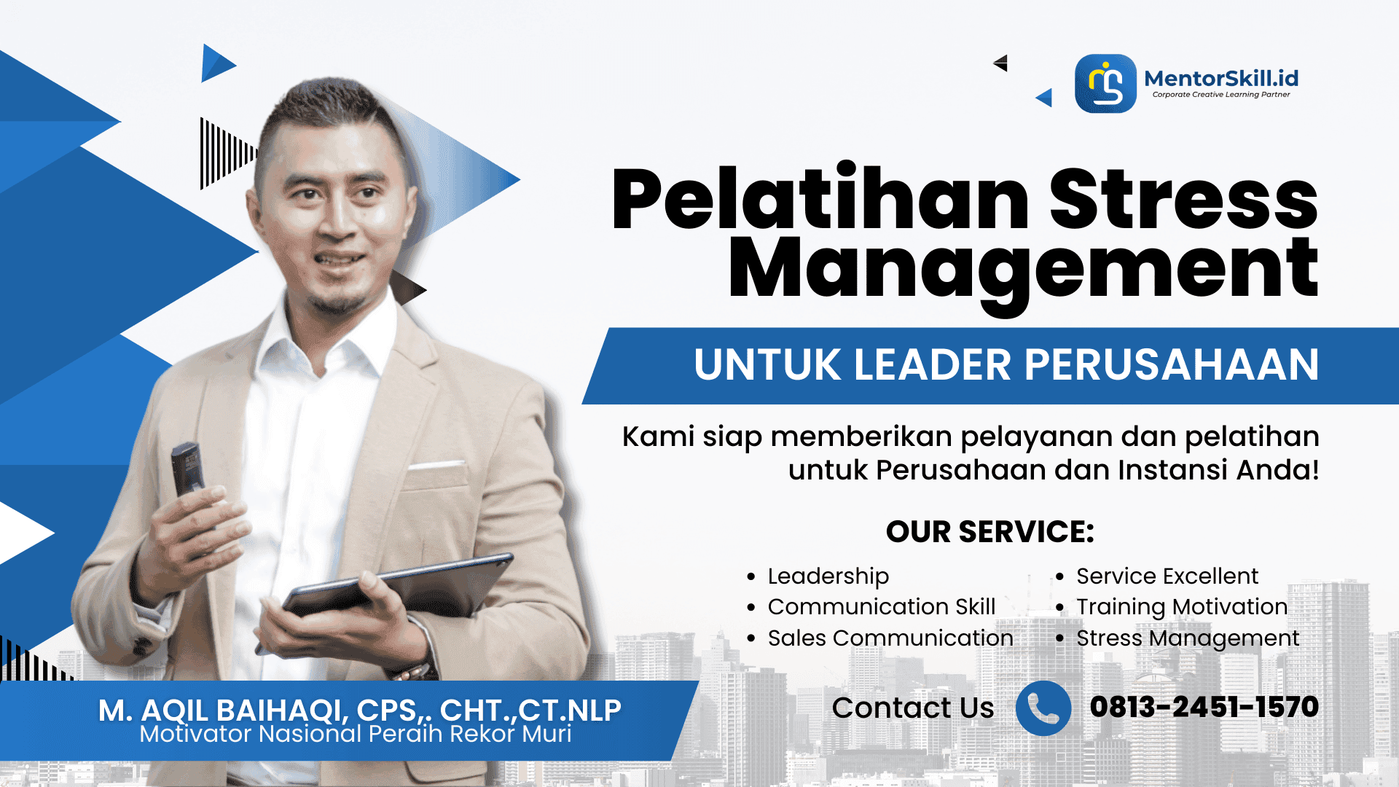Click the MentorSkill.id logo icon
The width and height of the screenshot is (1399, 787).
click(1105, 84)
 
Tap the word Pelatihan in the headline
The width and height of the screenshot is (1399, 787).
click(820, 198)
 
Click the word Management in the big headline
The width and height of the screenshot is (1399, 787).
click(1023, 270)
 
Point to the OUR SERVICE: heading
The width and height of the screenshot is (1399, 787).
click(990, 532)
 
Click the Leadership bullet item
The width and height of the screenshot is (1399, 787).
click(828, 576)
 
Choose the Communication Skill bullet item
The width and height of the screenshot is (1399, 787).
click(881, 607)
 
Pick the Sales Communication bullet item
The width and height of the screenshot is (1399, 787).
click(890, 638)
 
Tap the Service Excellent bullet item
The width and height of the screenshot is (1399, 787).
click(1167, 576)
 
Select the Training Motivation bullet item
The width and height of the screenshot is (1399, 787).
click(1182, 607)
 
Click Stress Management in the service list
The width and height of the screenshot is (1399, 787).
click(1188, 638)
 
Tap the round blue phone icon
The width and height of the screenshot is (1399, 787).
click(1043, 708)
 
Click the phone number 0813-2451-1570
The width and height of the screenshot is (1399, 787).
click(1204, 707)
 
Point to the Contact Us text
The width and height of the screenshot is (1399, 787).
click(913, 708)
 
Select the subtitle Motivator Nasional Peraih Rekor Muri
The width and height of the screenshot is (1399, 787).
click(356, 734)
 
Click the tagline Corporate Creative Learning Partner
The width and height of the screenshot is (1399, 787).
click(1221, 95)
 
